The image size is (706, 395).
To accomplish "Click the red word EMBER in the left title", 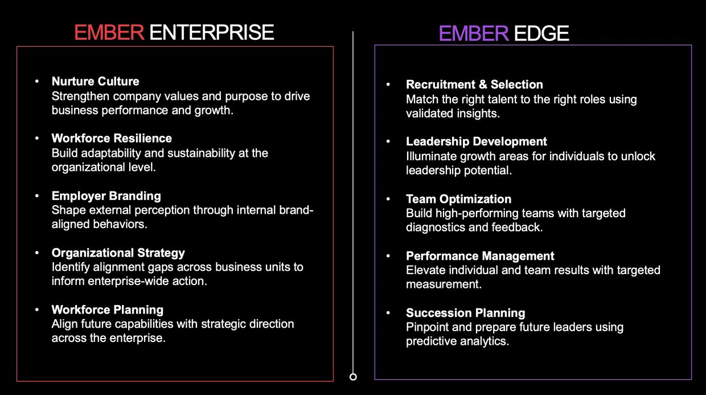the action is [x=109, y=32].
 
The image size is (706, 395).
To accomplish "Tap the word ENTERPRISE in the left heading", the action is [x=211, y=32].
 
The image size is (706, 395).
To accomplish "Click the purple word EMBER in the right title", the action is [x=474, y=33].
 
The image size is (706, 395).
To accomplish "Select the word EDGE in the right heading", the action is [x=541, y=33].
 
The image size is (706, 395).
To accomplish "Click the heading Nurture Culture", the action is [x=95, y=82].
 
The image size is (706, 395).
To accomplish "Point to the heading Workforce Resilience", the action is [x=112, y=138].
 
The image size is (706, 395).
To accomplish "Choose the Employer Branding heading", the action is [x=106, y=196].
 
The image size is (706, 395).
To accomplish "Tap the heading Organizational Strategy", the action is [x=118, y=253].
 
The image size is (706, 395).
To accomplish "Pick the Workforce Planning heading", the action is [x=108, y=310].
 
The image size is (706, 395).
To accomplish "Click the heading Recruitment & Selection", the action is [x=474, y=84].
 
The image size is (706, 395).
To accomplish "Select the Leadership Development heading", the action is [x=476, y=142].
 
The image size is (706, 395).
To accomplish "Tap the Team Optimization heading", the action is [x=458, y=199].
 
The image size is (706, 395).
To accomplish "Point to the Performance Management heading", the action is [x=480, y=256].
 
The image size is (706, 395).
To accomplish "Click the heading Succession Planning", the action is [x=466, y=313].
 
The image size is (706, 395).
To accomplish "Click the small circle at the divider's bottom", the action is [x=353, y=377].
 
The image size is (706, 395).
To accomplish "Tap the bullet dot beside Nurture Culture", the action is [x=37, y=82].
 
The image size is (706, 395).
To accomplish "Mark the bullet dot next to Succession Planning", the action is [x=388, y=313].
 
